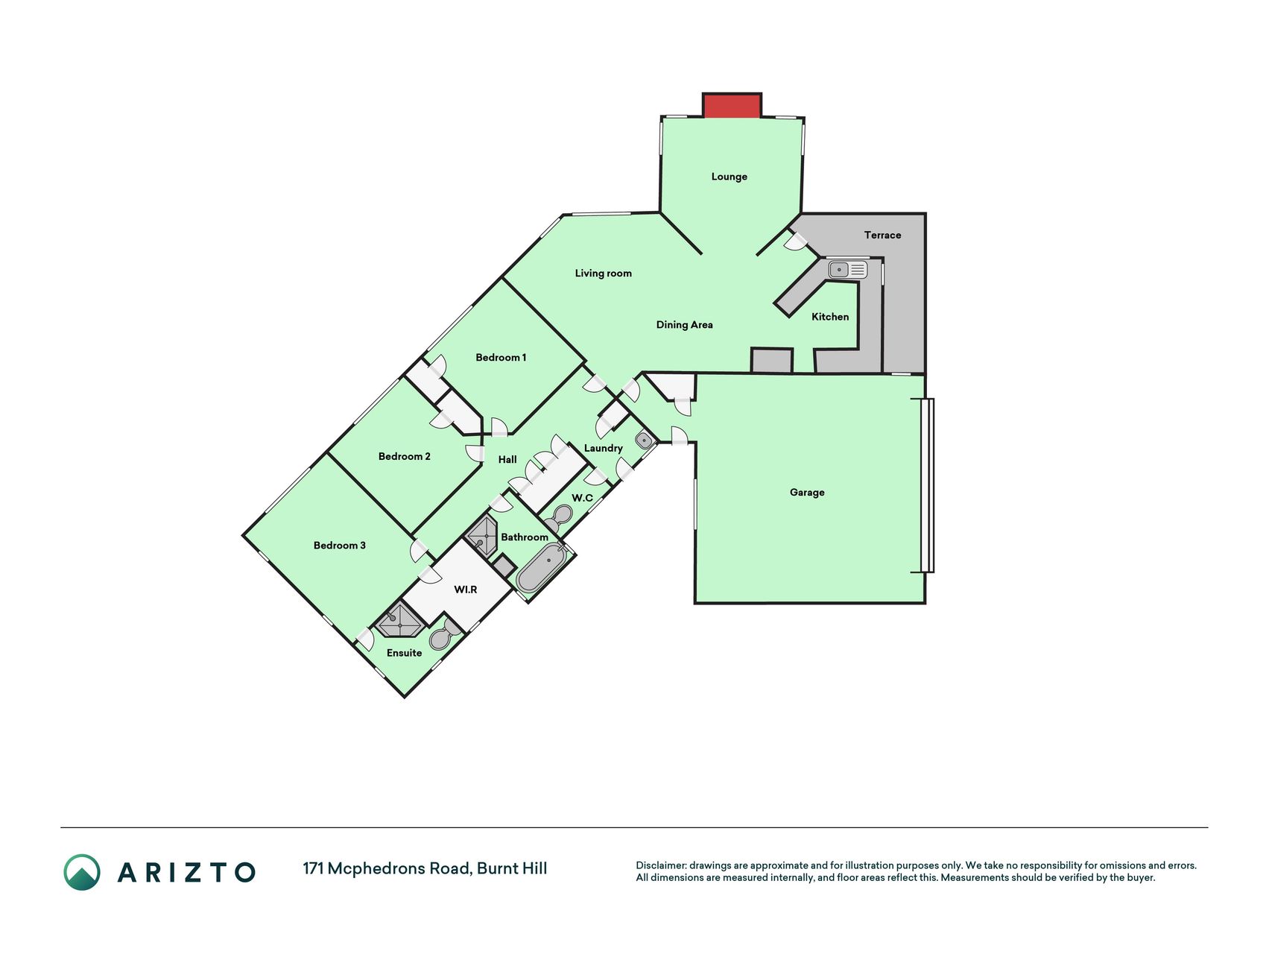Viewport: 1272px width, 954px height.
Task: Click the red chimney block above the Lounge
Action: [x=732, y=105]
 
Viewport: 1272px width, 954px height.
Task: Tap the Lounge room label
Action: [x=729, y=177]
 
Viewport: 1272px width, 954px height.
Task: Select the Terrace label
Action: [x=882, y=235]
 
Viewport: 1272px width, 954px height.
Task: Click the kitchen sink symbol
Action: [x=847, y=269]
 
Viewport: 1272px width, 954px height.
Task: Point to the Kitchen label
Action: [x=830, y=317]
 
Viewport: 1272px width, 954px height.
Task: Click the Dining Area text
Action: [x=684, y=325]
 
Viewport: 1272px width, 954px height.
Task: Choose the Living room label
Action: [x=603, y=274]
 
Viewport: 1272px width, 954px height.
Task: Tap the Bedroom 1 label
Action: [x=501, y=358]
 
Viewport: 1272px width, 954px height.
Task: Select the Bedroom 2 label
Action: [x=404, y=456]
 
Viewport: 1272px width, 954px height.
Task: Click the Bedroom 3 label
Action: [x=339, y=546]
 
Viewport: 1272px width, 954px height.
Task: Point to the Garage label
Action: [x=807, y=493]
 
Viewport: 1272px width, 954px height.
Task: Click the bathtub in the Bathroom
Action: [x=542, y=568]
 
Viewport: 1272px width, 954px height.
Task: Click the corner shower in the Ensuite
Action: [x=399, y=621]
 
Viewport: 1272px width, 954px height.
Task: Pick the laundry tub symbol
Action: [x=645, y=440]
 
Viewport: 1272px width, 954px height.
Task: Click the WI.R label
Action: [x=466, y=590]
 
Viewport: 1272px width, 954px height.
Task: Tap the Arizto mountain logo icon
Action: [x=82, y=872]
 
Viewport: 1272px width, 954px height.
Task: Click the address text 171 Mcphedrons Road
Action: [x=386, y=868]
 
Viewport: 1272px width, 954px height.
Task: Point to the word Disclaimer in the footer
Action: [x=660, y=865]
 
